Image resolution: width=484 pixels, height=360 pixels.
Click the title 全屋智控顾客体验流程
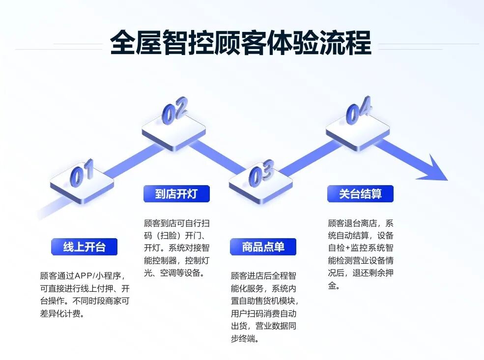point(241,43)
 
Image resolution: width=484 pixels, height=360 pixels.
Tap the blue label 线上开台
point(84,247)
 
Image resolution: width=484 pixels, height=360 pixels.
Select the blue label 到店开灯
point(176,194)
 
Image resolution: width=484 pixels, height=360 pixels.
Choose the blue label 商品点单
point(263,247)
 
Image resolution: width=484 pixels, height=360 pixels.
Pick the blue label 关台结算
point(360,194)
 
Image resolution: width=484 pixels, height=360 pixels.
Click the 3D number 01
point(82,173)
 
